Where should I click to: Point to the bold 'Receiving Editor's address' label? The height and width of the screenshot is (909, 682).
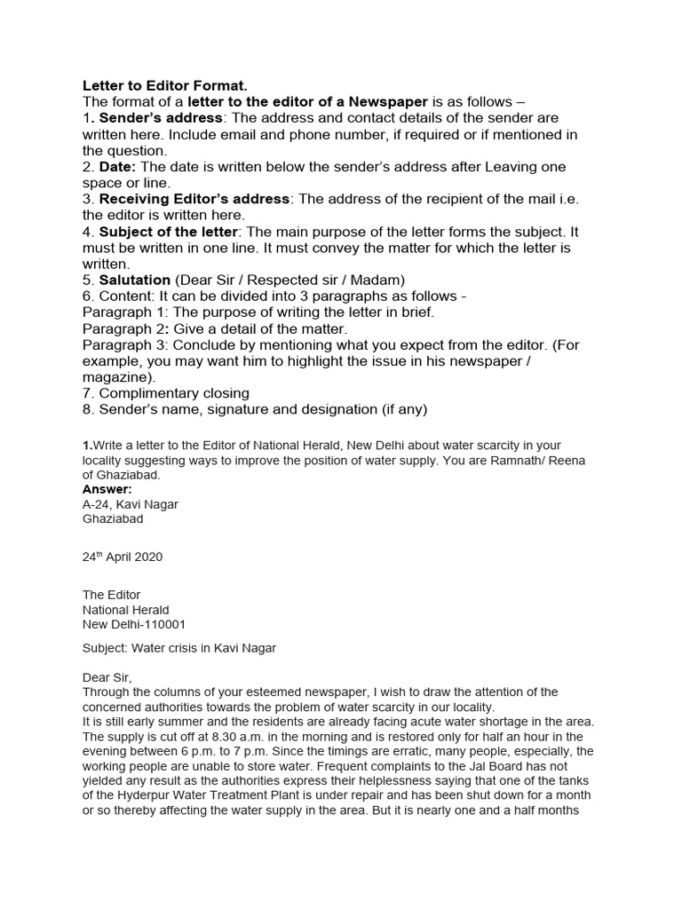194,199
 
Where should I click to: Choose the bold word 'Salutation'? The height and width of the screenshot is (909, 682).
134,280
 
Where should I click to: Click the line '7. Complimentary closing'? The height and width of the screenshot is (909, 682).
166,393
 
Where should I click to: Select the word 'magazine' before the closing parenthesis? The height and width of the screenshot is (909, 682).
115,376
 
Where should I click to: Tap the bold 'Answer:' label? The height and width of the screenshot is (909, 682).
107,489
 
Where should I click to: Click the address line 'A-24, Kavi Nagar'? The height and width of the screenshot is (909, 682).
131,504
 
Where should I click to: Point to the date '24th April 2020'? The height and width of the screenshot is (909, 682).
123,557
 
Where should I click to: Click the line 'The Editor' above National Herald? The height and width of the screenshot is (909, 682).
111,595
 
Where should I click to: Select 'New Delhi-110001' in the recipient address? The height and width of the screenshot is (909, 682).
134,624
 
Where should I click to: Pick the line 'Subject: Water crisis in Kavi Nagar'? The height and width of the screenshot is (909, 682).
179,648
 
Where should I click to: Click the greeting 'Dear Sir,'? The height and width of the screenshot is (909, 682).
107,677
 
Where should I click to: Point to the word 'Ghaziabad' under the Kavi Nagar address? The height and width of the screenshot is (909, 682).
113,519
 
